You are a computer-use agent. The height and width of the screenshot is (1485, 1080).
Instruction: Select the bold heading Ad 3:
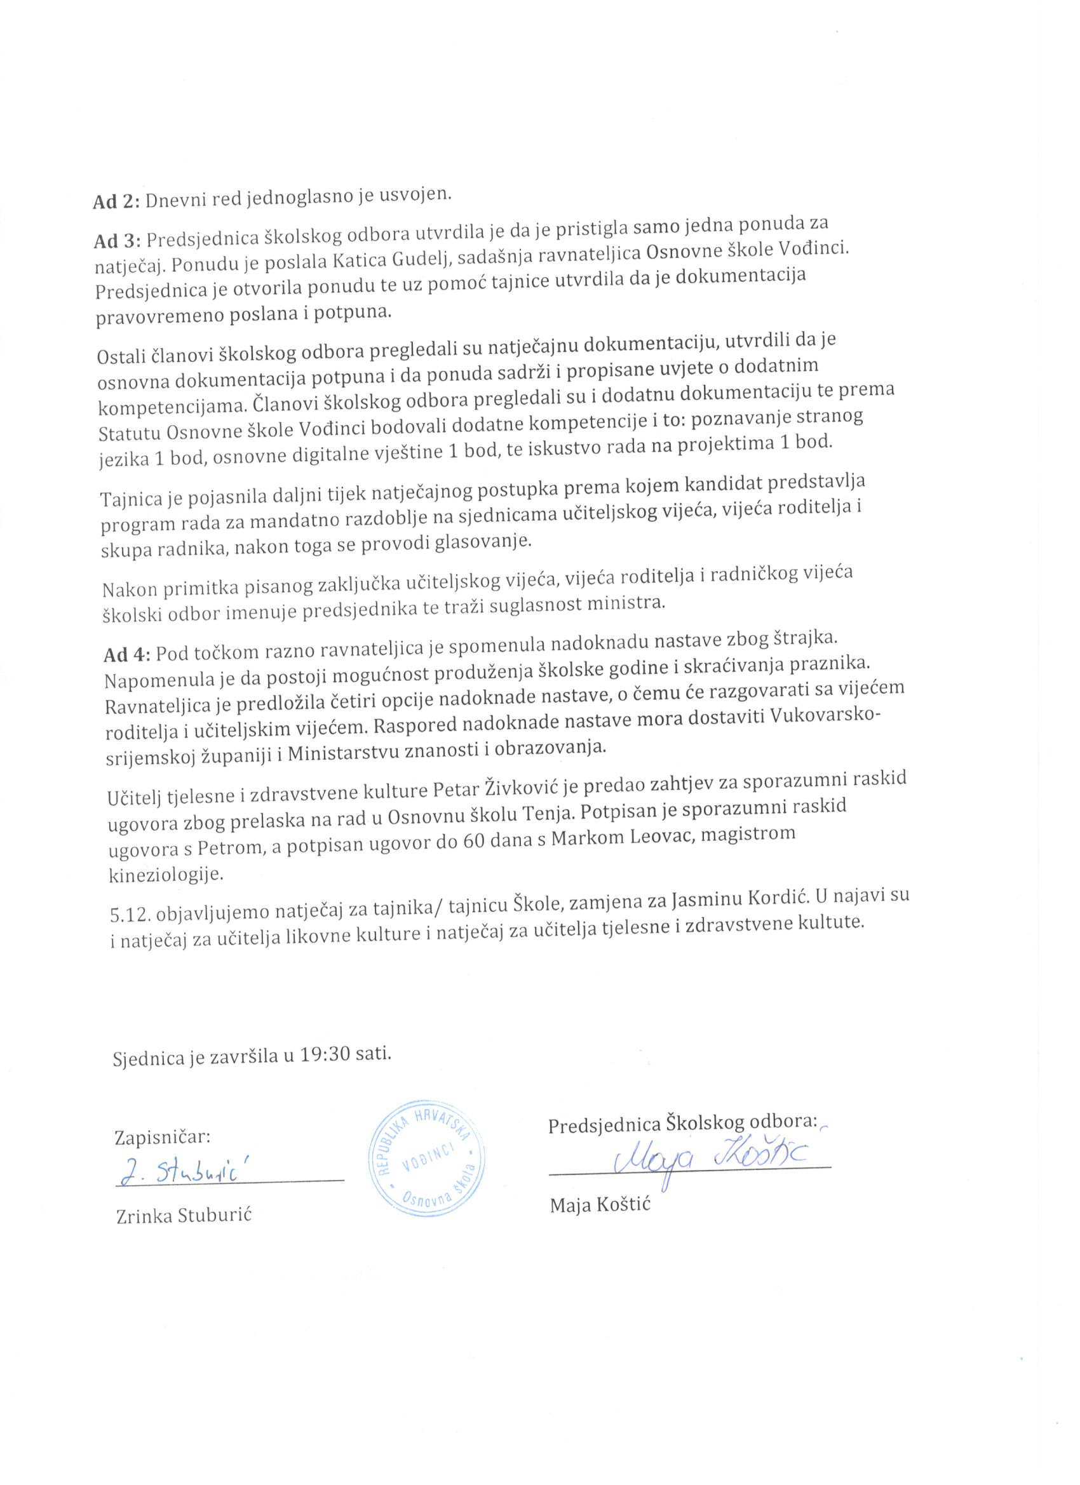tap(118, 241)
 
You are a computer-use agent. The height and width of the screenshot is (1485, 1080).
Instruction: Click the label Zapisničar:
tap(163, 1136)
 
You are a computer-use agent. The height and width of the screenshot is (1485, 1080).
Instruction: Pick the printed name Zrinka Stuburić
tap(184, 1216)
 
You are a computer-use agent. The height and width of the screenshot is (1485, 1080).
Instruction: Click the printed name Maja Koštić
tap(600, 1204)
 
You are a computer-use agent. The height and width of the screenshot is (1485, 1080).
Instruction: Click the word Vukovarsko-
tap(827, 716)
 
